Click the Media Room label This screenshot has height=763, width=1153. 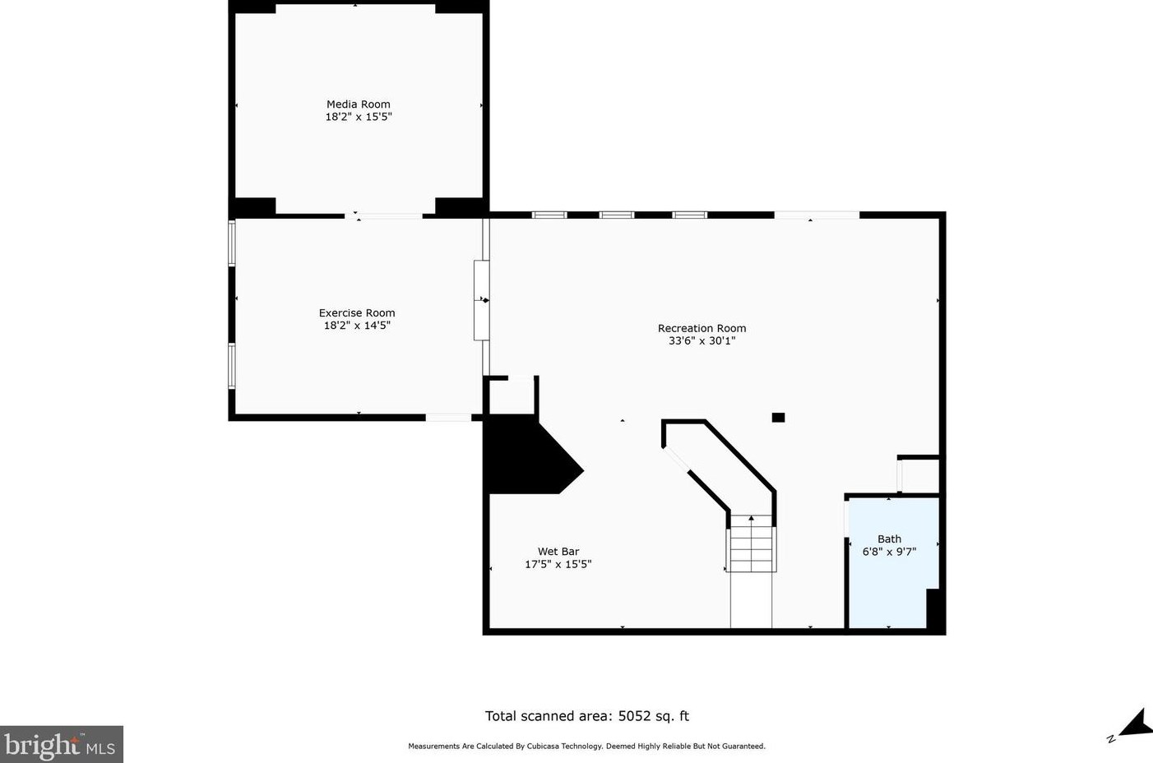pyautogui.click(x=359, y=104)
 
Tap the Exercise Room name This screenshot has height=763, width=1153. pyautogui.click(x=357, y=312)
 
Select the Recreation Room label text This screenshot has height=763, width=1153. pyautogui.click(x=702, y=328)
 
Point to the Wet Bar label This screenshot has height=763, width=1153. pyautogui.click(x=558, y=552)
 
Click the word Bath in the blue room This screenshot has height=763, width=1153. pyautogui.click(x=889, y=539)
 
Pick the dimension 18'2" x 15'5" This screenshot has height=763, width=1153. pyautogui.click(x=359, y=117)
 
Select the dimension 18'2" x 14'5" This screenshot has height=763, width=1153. pyautogui.click(x=357, y=325)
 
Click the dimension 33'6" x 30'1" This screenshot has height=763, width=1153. pyautogui.click(x=702, y=340)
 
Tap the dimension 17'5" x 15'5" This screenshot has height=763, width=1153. pyautogui.click(x=558, y=564)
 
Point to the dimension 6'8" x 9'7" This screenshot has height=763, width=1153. pyautogui.click(x=889, y=552)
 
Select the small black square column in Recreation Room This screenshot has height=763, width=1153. pyautogui.click(x=778, y=417)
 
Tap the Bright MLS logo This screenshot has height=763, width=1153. pyautogui.click(x=61, y=744)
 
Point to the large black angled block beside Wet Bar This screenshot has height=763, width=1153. pyautogui.click(x=530, y=455)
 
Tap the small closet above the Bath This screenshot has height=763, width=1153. pyautogui.click(x=919, y=476)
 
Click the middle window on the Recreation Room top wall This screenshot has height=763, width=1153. pyautogui.click(x=617, y=215)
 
